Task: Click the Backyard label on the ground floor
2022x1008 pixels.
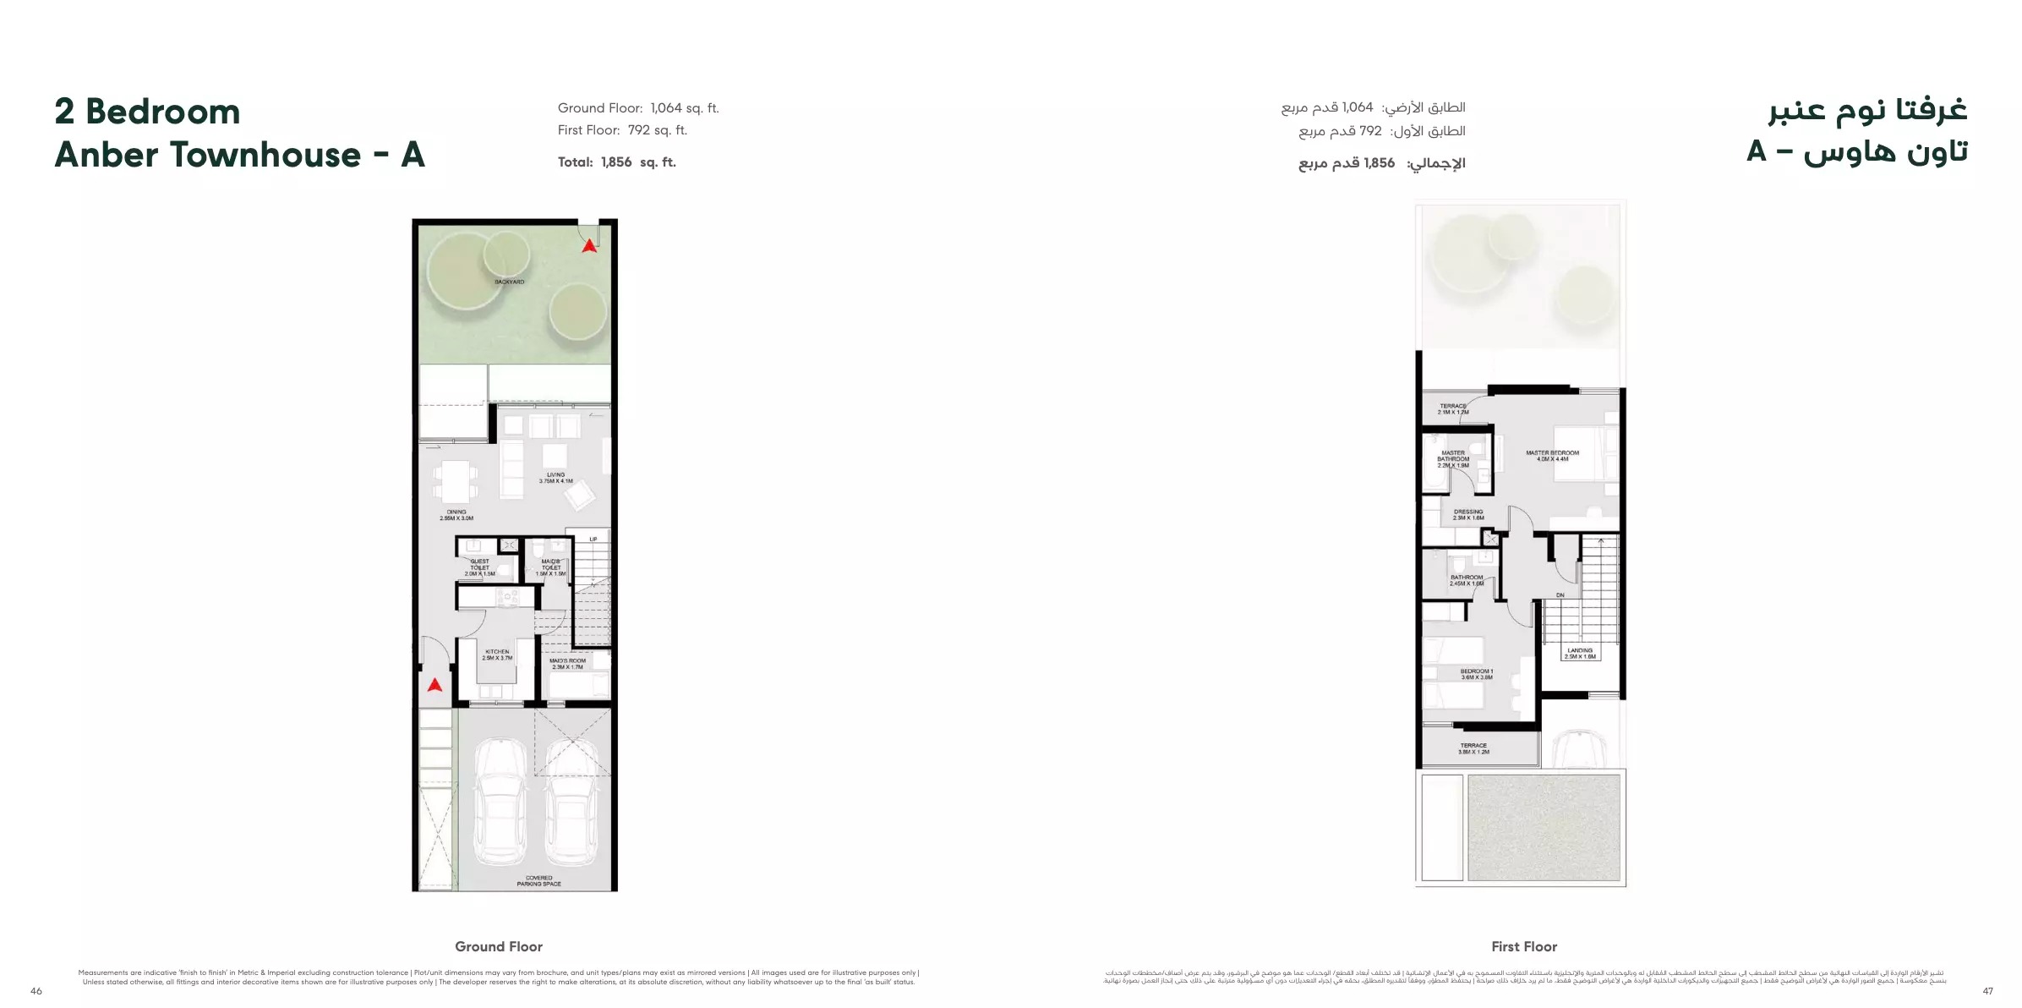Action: pos(509,282)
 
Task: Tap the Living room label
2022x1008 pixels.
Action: pos(555,478)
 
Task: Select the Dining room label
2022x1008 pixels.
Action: pos(456,515)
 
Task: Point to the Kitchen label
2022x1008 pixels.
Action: pos(497,655)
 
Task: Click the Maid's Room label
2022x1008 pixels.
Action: pos(567,664)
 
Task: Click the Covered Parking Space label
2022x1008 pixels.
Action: pos(538,881)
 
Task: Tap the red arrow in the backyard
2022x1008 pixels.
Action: pos(589,245)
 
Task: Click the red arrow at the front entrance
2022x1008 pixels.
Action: pos(434,684)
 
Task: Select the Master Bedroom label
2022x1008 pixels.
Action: pos(1552,456)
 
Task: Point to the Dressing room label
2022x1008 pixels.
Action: pos(1468,514)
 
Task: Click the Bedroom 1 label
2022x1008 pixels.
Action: pos(1477,674)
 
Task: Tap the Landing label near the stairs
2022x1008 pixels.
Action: pos(1580,654)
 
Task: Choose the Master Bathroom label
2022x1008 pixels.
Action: pos(1453,458)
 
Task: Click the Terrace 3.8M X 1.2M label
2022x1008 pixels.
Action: pos(1473,748)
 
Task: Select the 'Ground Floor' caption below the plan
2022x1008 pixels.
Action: pos(499,946)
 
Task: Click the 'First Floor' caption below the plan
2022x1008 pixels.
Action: pos(1524,946)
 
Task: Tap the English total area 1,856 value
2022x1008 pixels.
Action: pos(616,162)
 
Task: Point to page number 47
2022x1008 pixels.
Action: pos(1987,991)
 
